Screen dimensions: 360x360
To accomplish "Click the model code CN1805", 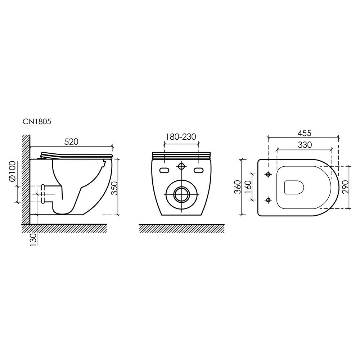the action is (37, 121).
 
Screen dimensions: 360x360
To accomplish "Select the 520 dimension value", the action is (71, 141).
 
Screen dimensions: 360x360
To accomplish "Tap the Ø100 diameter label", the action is (13, 171).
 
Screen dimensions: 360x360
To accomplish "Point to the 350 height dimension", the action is (114, 188).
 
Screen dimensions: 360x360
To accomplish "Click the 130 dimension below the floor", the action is (33, 240).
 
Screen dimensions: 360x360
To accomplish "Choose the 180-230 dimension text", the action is (181, 137).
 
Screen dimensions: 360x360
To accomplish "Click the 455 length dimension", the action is (305, 133).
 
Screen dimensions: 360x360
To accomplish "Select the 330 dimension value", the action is (305, 145).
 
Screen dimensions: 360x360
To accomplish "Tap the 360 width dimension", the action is (238, 187).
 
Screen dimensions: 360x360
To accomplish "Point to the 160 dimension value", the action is (248, 187).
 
